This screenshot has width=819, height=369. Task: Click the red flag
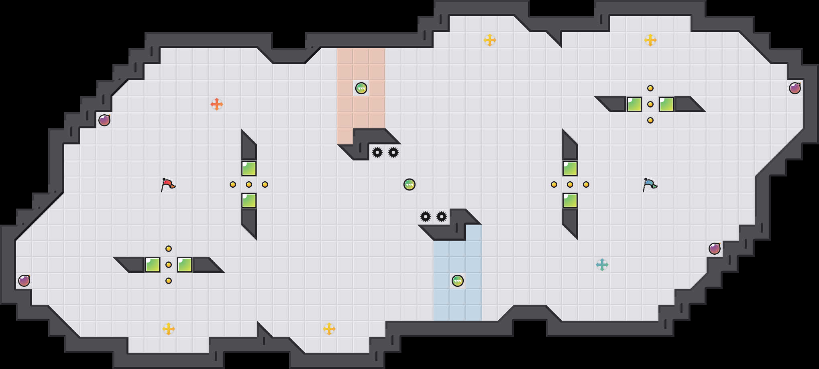[168, 185]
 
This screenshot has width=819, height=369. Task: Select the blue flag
[650, 185]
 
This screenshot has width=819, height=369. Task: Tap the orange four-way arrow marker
[217, 104]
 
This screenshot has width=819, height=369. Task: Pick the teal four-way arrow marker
[602, 265]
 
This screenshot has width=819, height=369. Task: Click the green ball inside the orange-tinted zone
[361, 88]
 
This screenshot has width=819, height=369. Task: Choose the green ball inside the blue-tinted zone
[458, 281]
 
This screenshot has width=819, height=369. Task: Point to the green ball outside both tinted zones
[409, 184]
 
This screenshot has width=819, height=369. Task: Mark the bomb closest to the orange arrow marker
[104, 120]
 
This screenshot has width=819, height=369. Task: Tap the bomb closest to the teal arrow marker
[715, 249]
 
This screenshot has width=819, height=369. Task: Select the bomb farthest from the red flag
[795, 88]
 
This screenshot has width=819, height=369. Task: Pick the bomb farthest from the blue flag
[24, 281]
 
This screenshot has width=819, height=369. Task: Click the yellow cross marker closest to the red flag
[169, 329]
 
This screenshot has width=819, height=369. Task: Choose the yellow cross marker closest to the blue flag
[650, 40]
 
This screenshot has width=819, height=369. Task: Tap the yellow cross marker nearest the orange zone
[490, 40]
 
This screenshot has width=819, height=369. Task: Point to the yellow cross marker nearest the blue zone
[329, 329]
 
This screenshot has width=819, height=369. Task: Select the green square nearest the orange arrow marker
[249, 168]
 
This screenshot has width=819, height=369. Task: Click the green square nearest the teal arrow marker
[570, 201]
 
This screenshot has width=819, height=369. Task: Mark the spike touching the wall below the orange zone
[377, 152]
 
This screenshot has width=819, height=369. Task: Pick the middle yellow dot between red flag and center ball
[249, 184]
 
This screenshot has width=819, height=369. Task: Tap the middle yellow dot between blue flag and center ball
[570, 184]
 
